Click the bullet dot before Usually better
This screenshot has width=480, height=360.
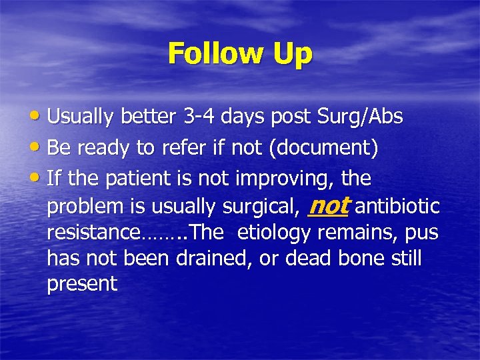[x=39, y=117]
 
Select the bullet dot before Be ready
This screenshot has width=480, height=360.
[x=39, y=148]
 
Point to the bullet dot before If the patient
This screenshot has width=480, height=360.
[x=39, y=179]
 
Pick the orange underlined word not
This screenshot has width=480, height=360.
[x=329, y=206]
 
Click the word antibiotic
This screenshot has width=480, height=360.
[x=397, y=207]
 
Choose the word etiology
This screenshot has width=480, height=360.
[x=275, y=233]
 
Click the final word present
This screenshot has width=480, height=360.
[x=82, y=284]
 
